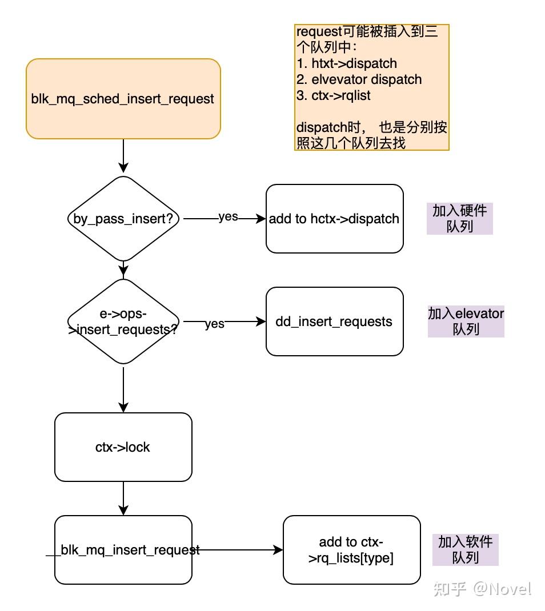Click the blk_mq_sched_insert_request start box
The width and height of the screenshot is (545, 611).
coord(123,99)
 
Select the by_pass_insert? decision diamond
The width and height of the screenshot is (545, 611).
coord(123,218)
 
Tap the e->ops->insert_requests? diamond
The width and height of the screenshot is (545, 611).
coord(123,321)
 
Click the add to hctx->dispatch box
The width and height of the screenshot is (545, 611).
coord(334,219)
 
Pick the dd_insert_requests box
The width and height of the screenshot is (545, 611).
coord(334,321)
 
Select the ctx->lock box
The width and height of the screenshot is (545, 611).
coord(123,447)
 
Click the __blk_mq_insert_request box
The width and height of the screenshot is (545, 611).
coord(123,550)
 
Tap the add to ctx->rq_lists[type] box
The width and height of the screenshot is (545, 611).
coord(351,550)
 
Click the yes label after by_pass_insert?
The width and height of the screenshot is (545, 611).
coord(228,217)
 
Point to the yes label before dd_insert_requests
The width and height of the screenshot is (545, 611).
coord(214,324)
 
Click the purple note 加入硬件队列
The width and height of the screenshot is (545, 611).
coord(459,219)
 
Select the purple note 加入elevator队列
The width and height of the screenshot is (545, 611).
coord(466,321)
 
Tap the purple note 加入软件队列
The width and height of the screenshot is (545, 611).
coord(465,549)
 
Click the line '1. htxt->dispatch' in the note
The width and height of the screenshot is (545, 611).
coord(346,63)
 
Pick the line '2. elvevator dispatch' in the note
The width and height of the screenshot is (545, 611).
coord(359,79)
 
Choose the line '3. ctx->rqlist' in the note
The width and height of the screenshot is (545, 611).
coord(334,95)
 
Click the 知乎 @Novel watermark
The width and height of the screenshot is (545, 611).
coord(482,589)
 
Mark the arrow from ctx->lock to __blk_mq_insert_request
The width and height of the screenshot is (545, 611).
coord(123,498)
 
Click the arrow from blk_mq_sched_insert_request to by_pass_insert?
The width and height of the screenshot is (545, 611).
coord(123,156)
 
